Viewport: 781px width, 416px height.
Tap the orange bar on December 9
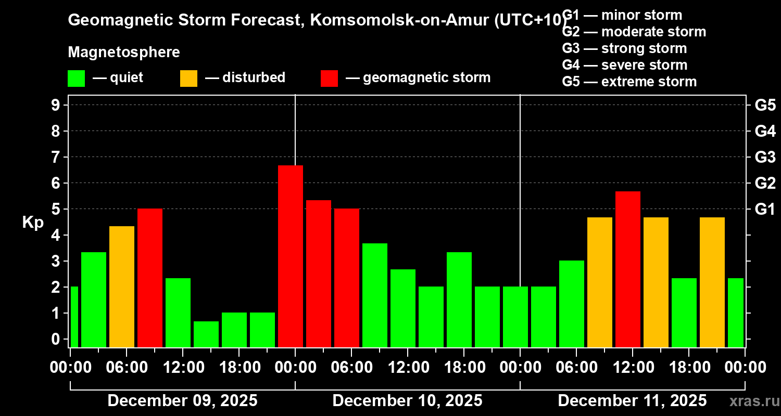(122, 287)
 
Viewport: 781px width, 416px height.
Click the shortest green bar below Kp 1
(206, 334)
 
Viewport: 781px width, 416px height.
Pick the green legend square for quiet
(76, 78)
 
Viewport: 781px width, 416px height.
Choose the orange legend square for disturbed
(188, 78)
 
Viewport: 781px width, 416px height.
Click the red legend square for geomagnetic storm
(329, 78)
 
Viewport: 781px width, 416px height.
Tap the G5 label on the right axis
(765, 105)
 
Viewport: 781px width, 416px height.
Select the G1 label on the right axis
(765, 209)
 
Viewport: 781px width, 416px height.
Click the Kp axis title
(33, 222)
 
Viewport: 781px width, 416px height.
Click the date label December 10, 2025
(407, 401)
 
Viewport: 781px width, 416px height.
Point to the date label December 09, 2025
(182, 401)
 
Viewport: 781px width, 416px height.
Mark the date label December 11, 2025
(632, 401)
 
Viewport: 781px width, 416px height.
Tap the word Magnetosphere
(124, 53)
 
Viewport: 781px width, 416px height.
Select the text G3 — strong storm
(624, 48)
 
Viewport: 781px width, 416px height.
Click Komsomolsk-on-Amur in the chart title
(396, 20)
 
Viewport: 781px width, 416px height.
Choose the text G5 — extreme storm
(629, 82)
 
